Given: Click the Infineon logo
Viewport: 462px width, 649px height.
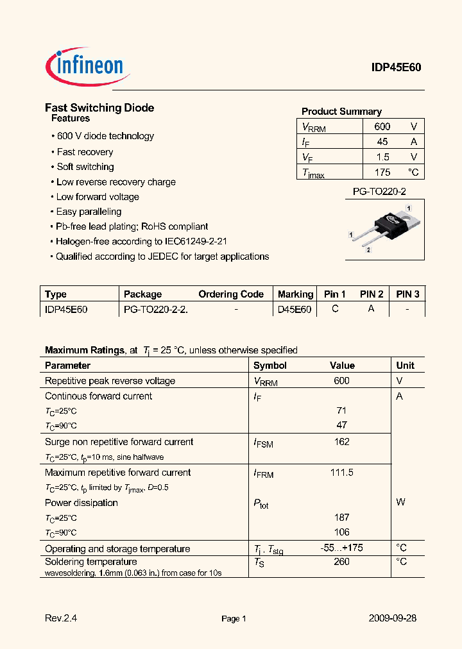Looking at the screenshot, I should [x=87, y=66].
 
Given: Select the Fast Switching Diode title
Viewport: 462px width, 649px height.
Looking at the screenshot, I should [x=99, y=108].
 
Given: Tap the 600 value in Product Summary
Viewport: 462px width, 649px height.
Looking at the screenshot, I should [x=382, y=127].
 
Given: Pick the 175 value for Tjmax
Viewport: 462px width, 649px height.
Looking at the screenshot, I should [x=382, y=172].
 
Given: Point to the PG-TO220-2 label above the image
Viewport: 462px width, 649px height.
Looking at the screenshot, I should [x=379, y=192].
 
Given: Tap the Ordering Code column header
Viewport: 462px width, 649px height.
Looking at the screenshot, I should [x=231, y=294].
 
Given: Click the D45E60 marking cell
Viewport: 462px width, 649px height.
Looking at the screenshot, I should [x=295, y=309].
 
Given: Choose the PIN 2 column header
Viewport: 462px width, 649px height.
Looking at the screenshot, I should [x=372, y=294].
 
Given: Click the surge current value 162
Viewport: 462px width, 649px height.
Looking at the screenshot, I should [x=341, y=442].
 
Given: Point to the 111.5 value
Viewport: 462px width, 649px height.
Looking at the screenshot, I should [x=341, y=473].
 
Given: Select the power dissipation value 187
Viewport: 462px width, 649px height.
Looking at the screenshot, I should [x=341, y=517].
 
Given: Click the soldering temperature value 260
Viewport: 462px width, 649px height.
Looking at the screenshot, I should [x=341, y=562].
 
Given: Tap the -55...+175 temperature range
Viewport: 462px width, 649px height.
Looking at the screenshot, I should [x=341, y=548].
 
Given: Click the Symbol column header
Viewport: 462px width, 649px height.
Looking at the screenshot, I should [x=270, y=366].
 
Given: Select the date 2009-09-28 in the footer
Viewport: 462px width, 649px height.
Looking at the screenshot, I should [x=393, y=618].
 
